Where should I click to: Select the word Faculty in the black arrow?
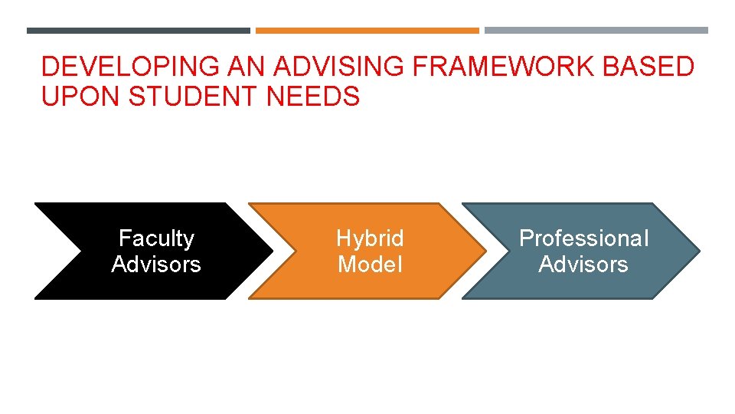(x=156, y=238)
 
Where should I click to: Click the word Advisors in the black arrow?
(x=156, y=264)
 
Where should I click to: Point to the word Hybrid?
(x=370, y=238)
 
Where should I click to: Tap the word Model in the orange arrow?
(x=370, y=264)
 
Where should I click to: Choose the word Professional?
(x=583, y=238)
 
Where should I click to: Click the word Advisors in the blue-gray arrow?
(x=583, y=264)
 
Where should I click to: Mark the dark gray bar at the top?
(x=139, y=31)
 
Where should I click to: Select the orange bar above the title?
(x=367, y=31)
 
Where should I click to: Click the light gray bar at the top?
(x=596, y=31)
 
